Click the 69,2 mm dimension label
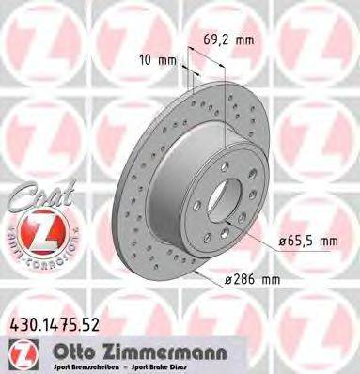pos(229,40)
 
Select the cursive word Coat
pos(38,199)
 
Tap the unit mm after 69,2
pos(245,40)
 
